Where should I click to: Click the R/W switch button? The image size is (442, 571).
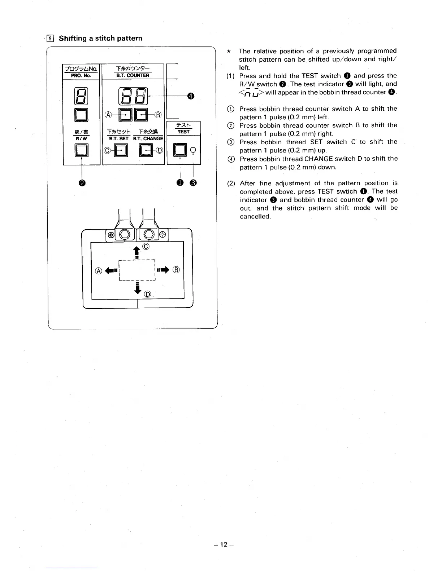82,150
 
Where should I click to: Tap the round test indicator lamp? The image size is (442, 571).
194,150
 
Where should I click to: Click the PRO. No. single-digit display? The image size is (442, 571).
81,96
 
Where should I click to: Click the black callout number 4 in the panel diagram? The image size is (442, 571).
191,96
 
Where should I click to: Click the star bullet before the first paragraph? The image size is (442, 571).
229,52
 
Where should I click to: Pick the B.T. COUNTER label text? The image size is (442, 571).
133,75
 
